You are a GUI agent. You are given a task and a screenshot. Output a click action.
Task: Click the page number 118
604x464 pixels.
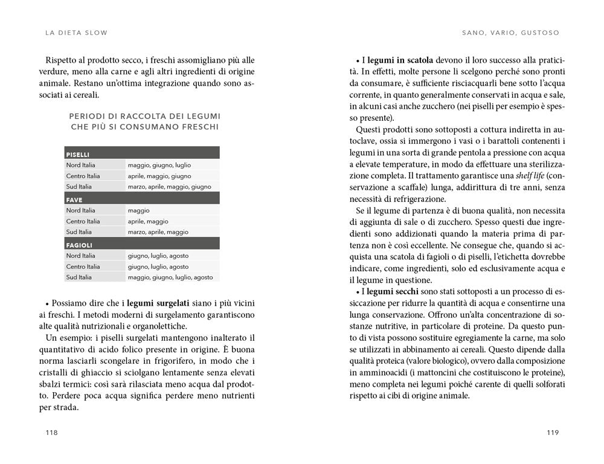tap(51, 432)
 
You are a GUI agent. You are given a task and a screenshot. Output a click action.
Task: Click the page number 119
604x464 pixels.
tap(552, 432)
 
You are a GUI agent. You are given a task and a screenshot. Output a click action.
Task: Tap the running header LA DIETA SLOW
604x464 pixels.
tap(76, 33)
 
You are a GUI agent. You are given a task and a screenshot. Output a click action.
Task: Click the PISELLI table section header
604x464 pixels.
tap(78, 155)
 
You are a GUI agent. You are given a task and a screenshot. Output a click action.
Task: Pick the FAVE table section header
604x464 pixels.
tap(74, 199)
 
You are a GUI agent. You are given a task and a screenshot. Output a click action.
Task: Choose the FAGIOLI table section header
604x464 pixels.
tap(79, 245)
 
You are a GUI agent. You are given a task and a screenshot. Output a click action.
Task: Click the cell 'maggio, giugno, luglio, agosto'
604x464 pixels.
tap(170, 277)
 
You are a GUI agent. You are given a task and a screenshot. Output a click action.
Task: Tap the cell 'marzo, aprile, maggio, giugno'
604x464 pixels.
tap(169, 187)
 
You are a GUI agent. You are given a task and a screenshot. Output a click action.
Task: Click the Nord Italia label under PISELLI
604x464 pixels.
tap(81, 165)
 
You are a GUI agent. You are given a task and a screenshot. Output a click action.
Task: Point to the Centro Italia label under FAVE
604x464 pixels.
tap(83, 221)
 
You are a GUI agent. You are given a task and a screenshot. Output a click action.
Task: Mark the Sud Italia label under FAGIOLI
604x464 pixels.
tap(79, 277)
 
